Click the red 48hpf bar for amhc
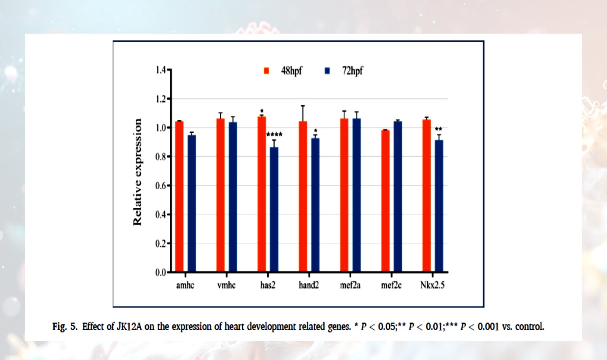click(179, 196)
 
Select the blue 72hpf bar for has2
click(274, 210)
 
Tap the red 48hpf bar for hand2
click(303, 196)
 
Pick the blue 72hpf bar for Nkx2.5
click(439, 206)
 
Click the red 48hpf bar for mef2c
click(385, 201)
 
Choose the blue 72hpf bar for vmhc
click(233, 197)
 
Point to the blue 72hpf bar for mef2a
click(357, 195)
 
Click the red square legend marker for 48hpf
click(266, 71)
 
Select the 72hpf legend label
click(352, 71)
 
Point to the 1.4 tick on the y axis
click(169, 70)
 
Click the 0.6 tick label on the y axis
click(160, 186)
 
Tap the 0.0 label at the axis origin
click(160, 272)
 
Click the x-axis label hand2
click(309, 285)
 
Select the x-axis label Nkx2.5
click(432, 285)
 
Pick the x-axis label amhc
click(185, 285)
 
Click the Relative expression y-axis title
click(138, 172)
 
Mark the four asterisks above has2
click(274, 134)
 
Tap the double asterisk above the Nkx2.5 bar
click(438, 129)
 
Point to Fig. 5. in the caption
click(65, 327)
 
